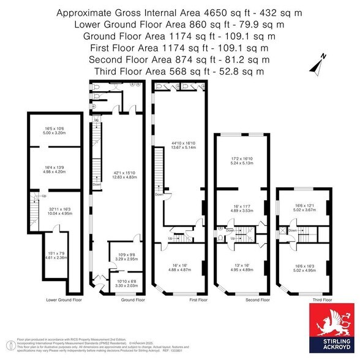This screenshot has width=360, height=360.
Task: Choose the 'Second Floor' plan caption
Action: [241, 300]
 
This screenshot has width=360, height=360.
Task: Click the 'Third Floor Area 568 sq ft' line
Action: [180, 71]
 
